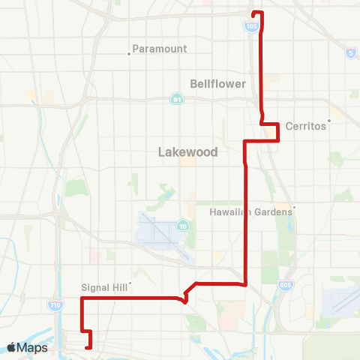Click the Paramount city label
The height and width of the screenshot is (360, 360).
(x=159, y=49)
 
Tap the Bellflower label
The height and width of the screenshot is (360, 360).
(x=218, y=84)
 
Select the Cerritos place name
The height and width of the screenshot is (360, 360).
(x=305, y=126)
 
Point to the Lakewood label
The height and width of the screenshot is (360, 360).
(x=187, y=151)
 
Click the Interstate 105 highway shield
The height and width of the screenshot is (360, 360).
(x=250, y=25)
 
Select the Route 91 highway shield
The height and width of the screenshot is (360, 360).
(x=175, y=98)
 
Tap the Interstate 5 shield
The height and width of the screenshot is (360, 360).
(x=350, y=52)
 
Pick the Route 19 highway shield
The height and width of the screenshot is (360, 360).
(x=182, y=225)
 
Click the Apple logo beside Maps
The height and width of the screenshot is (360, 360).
(x=11, y=347)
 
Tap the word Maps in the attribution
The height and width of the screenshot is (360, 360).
(x=32, y=347)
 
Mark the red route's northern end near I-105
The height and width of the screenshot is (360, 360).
(x=253, y=13)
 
